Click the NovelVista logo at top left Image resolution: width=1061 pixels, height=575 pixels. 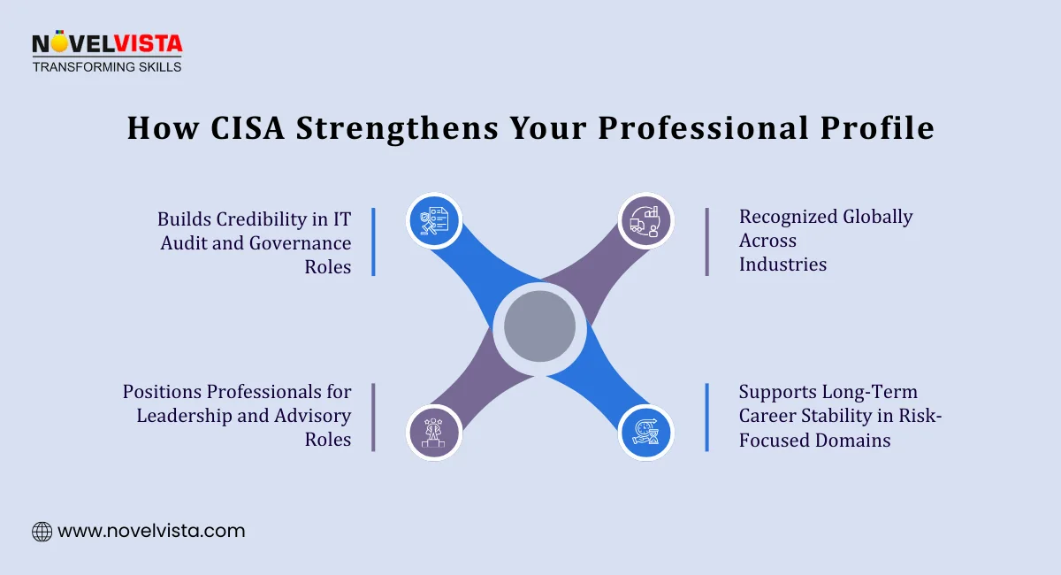pyautogui.click(x=106, y=43)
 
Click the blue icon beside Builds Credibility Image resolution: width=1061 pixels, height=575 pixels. pyautogui.click(x=434, y=220)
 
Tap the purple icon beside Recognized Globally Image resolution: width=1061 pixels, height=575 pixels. pyautogui.click(x=645, y=220)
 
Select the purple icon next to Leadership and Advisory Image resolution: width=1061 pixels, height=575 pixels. pyautogui.click(x=434, y=433)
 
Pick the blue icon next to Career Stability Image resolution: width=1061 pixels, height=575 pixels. pyautogui.click(x=645, y=433)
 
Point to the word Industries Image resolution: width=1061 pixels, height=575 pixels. pyautogui.click(x=782, y=264)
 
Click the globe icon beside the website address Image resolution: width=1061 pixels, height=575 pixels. pyautogui.click(x=42, y=532)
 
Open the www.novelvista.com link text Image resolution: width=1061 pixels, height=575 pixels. pyautogui.click(x=151, y=532)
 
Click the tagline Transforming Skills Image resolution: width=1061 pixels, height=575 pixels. pyautogui.click(x=106, y=66)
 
